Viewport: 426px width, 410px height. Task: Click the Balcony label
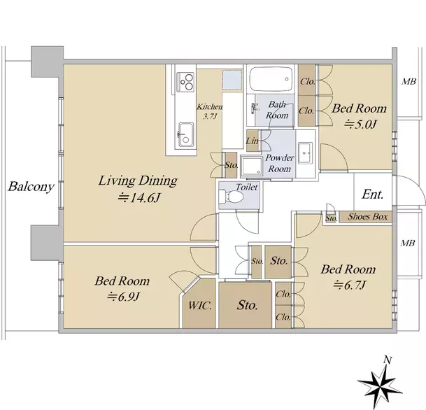pos(31,187)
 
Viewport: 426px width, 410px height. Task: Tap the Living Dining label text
pos(138,181)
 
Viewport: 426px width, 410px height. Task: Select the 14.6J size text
pos(139,198)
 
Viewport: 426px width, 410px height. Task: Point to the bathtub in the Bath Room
pos(271,79)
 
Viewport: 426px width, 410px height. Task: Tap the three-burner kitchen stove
pos(186,82)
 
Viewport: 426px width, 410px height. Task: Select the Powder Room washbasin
pos(306,153)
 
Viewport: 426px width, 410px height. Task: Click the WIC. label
pos(199,306)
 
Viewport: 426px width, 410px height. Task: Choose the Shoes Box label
pos(368,217)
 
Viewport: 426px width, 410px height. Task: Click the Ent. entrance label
pos(372,194)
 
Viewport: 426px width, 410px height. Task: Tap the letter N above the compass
pos(388,360)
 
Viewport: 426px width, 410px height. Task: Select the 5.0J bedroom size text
pos(360,125)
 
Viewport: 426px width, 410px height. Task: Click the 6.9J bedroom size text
pos(123,297)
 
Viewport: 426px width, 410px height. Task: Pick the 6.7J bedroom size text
pos(349,285)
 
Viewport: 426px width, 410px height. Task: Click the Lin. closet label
pos(253,141)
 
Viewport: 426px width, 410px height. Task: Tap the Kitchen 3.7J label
pos(209,112)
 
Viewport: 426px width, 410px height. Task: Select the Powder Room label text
pos(280,163)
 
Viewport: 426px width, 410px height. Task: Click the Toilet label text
pos(247,187)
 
